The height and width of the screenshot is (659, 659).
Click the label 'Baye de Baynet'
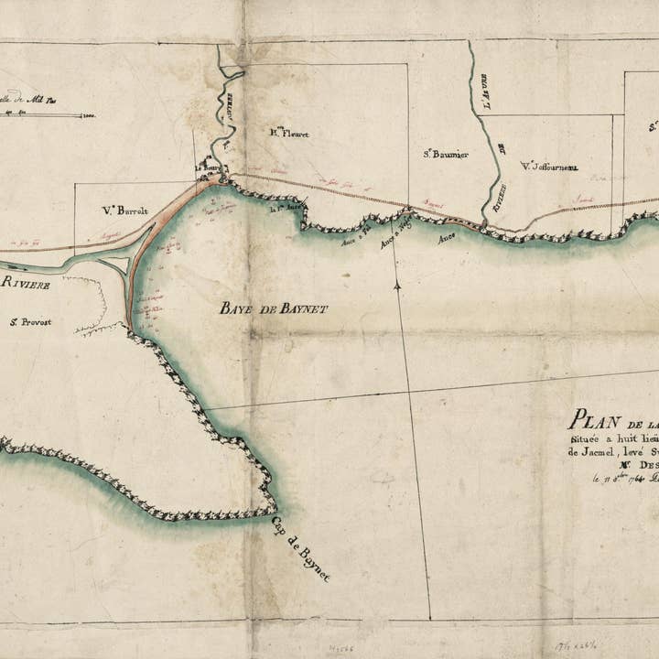[x=273, y=309]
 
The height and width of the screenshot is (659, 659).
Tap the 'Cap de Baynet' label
[x=301, y=548]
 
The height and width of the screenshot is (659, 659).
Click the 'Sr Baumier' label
[x=446, y=155]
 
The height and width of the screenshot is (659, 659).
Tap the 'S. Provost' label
[x=30, y=321]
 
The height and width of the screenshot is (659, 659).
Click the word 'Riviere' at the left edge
[x=25, y=284]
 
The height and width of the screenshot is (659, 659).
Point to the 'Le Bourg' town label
[x=209, y=168]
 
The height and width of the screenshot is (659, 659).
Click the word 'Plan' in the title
[x=590, y=420]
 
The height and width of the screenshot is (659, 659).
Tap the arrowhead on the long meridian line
[x=398, y=286]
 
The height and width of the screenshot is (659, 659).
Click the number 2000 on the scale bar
[x=88, y=116]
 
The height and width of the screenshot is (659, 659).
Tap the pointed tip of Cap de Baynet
[x=275, y=509]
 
